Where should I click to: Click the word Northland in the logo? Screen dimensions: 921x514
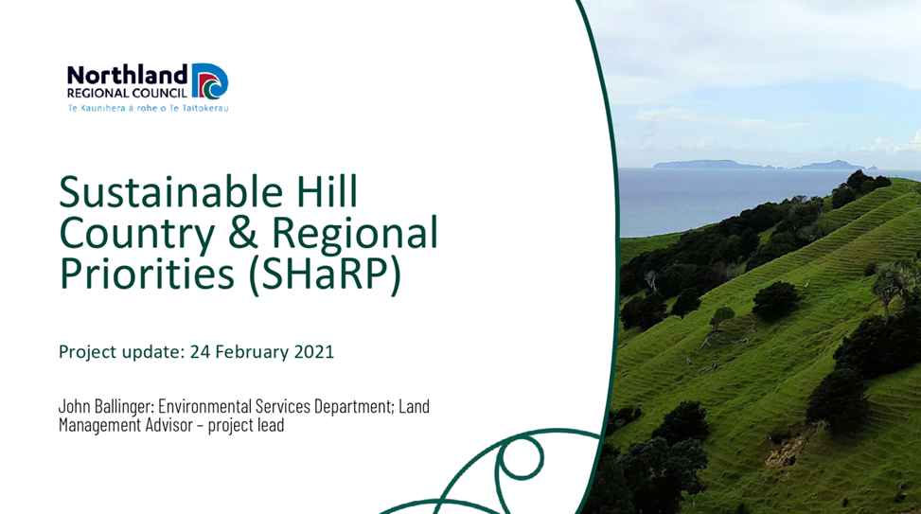[128, 75]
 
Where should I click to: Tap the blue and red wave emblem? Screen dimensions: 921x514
[210, 81]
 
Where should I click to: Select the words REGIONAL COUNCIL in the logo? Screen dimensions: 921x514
[127, 93]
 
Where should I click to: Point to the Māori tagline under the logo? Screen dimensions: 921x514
[148, 108]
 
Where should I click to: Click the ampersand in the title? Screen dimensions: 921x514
[243, 232]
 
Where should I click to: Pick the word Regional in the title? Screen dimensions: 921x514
[355, 233]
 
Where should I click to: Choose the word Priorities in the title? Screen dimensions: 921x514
[147, 274]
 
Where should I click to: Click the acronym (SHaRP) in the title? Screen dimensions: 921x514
[325, 275]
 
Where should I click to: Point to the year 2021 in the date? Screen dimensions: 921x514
[313, 351]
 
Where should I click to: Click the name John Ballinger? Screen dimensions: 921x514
[106, 406]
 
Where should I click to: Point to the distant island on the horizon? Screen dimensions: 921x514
[765, 165]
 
